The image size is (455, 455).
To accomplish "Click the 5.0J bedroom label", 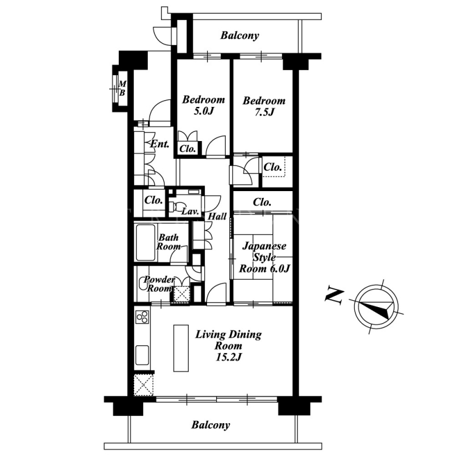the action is point(204,105).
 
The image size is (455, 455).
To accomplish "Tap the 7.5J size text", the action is point(264,112).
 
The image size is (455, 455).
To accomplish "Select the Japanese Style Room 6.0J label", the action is point(264,258).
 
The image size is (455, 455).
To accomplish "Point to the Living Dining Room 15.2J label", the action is point(229,346).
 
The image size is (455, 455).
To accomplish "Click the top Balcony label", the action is point(239,35).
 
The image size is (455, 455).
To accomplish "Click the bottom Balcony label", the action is point(210,425).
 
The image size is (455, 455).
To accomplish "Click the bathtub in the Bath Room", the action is point(145,243).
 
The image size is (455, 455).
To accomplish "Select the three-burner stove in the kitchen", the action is point(142,317).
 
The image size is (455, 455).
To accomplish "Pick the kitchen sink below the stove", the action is point(142,355).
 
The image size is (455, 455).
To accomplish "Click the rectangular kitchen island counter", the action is point(181,348).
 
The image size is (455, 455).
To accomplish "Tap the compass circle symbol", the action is point(376,307).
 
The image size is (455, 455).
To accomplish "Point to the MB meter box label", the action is point(122,88).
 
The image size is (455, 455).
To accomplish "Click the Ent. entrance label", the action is point(160,144).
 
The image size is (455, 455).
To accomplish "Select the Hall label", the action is point(217,216).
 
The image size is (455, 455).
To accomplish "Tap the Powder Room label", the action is point(159,284).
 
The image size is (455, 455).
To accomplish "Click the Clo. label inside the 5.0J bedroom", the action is point(187,149).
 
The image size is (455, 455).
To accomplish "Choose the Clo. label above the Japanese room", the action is point(262,202).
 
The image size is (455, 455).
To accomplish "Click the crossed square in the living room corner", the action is point(143,385).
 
